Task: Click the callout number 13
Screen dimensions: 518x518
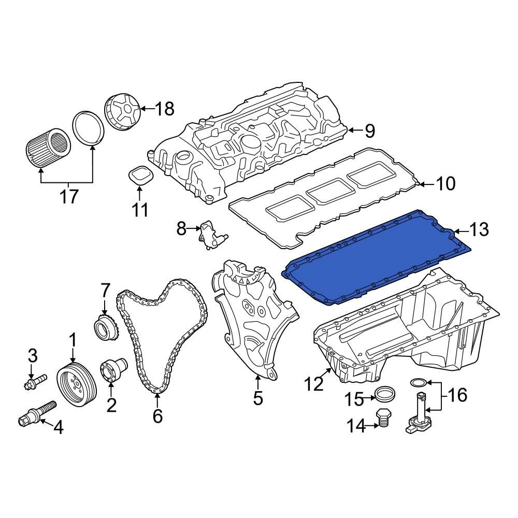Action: [480, 229]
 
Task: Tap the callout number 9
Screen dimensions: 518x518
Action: [369, 131]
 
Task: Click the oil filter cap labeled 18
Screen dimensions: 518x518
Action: [122, 112]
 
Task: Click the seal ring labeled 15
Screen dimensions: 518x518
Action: [384, 394]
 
